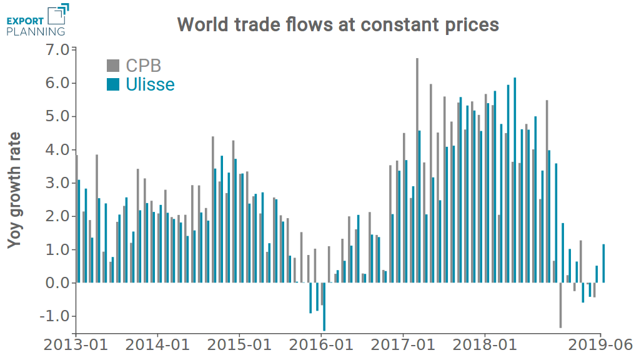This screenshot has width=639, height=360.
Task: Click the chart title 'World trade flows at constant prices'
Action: (x=338, y=24)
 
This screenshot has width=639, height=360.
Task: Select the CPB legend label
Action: (x=143, y=66)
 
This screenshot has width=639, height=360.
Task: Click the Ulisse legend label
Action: (x=150, y=84)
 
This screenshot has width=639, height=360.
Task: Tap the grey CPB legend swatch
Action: (x=112, y=66)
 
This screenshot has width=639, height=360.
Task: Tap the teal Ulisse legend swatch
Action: (x=112, y=84)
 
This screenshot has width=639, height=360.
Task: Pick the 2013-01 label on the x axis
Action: (x=75, y=345)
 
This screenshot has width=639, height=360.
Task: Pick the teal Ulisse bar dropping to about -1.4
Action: (x=324, y=306)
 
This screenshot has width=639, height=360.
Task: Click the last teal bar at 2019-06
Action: (x=603, y=263)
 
